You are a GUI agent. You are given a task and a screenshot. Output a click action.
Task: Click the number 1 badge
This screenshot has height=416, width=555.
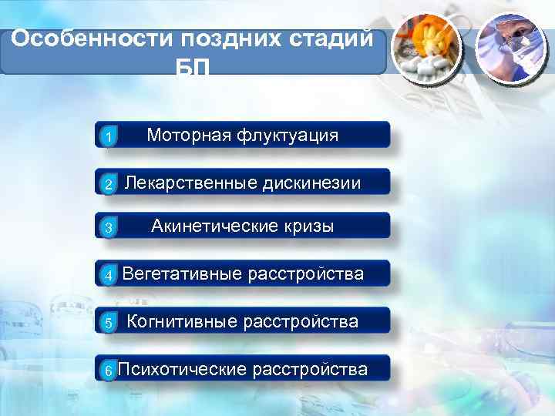109,137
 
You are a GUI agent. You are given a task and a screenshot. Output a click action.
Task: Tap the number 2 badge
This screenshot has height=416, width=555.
109,184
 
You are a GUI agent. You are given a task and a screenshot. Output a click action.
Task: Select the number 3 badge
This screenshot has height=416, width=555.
109,228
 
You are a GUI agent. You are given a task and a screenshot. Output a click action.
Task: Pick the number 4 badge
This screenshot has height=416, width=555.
109,275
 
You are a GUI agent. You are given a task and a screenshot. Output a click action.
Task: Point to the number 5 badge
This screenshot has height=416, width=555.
109,323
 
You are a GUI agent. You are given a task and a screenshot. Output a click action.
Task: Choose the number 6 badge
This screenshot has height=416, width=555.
109,371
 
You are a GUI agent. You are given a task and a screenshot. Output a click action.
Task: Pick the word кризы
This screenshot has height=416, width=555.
310,226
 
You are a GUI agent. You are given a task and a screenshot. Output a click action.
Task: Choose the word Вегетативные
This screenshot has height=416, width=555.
183,273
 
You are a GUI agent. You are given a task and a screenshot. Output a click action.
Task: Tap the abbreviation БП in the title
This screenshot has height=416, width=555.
193,68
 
